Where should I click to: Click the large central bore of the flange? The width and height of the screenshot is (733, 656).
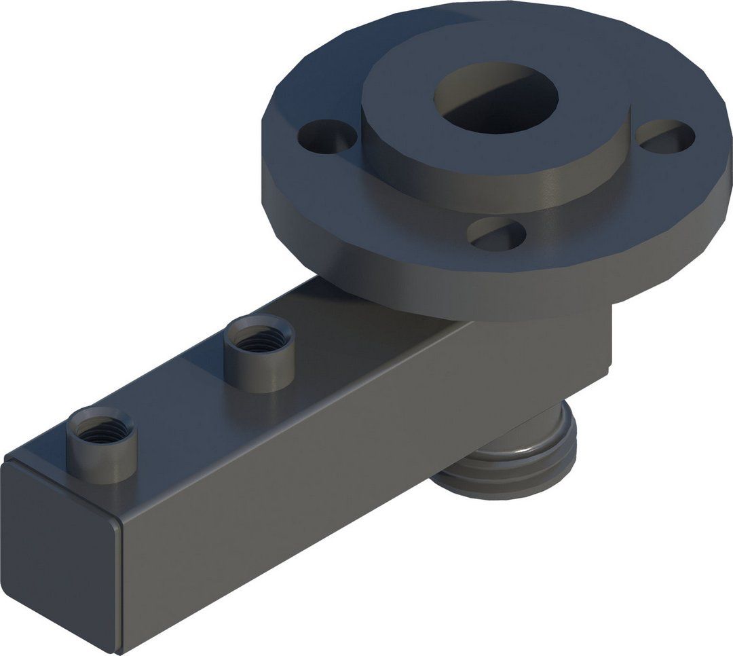coord(499,102)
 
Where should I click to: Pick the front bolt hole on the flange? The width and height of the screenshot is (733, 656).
coord(497,234)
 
